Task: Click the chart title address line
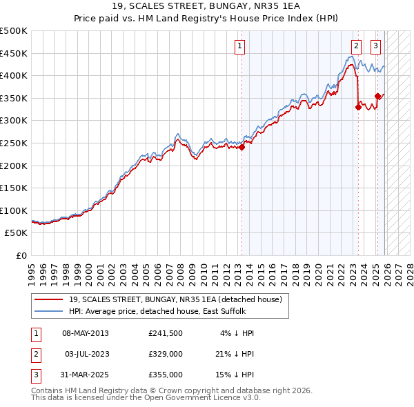coord(207,8)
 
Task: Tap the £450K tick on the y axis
coord(14,53)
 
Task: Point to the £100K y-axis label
coord(14,210)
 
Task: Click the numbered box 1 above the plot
coord(239,46)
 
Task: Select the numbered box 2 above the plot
coord(356,46)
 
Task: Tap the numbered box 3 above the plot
coord(376,46)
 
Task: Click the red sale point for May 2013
coord(242,147)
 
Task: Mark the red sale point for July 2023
coord(358,107)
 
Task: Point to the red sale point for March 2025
coord(377,96)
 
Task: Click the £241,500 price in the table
coord(166,333)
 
